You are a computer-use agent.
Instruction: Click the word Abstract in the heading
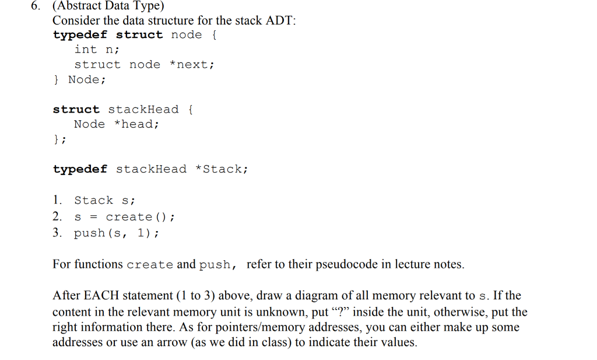(78, 6)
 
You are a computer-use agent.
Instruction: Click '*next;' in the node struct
(192, 65)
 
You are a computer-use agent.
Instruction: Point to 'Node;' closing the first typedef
(87, 79)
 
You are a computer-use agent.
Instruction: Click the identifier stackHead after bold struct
(143, 110)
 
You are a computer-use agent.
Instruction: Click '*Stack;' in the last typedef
(222, 169)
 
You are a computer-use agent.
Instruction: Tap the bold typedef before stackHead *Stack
(80, 169)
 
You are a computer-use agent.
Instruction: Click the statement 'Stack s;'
(105, 201)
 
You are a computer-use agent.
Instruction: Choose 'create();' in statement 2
(140, 217)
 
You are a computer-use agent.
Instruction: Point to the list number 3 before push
(57, 233)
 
